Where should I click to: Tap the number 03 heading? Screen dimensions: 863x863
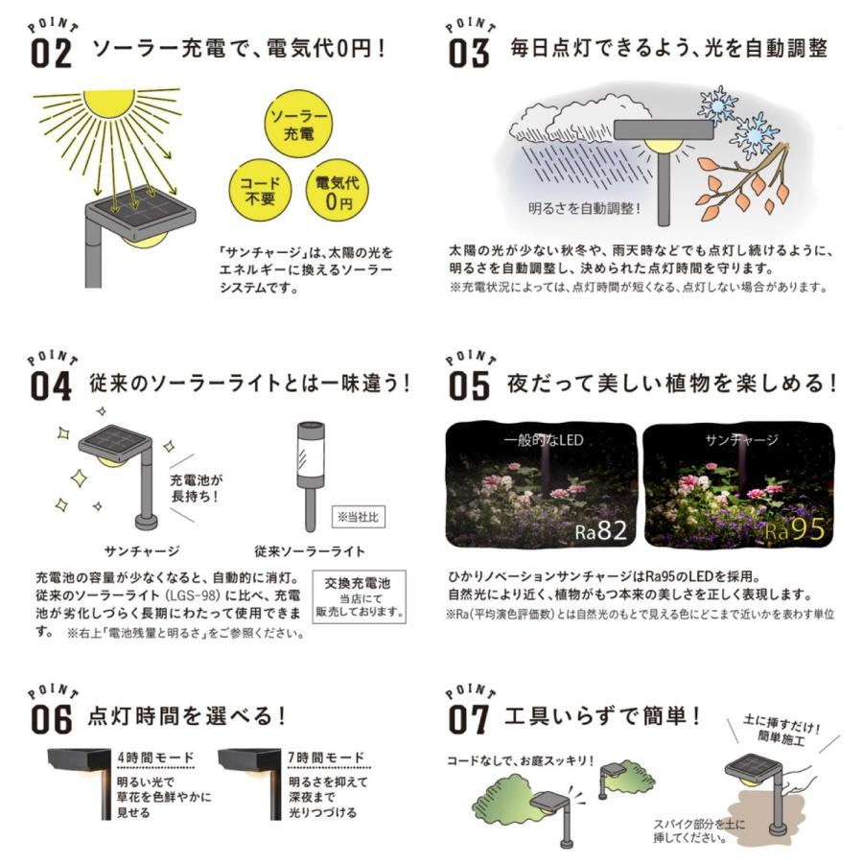pos(470,54)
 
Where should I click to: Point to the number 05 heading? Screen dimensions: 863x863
pos(470,385)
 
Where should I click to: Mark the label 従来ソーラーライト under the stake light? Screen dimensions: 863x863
pos(309,552)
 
